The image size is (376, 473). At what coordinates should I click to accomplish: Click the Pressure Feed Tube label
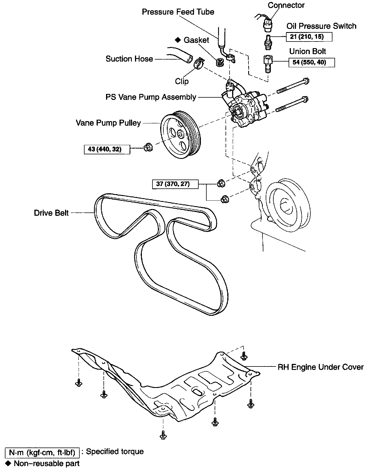pos(178,12)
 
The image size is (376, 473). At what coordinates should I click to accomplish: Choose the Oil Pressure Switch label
pos(321,26)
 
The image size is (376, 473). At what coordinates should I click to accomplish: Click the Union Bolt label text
pos(308,52)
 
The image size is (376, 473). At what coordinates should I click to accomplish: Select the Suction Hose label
pos(129,59)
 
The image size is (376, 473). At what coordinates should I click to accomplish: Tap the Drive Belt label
pos(51,213)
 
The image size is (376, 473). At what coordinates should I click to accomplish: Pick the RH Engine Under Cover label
pos(320,367)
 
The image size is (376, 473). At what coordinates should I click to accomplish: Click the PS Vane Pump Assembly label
pos(151,97)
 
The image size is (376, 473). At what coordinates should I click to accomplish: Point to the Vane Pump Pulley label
pos(108,123)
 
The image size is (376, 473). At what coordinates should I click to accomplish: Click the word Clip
pos(182,81)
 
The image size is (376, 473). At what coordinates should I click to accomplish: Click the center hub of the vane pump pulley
pos(180,133)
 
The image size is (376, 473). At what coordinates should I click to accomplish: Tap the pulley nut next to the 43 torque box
pos(148,147)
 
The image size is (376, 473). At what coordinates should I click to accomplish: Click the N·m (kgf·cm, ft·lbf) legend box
pos(42,453)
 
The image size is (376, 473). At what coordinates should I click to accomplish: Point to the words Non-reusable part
pos(47,464)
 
